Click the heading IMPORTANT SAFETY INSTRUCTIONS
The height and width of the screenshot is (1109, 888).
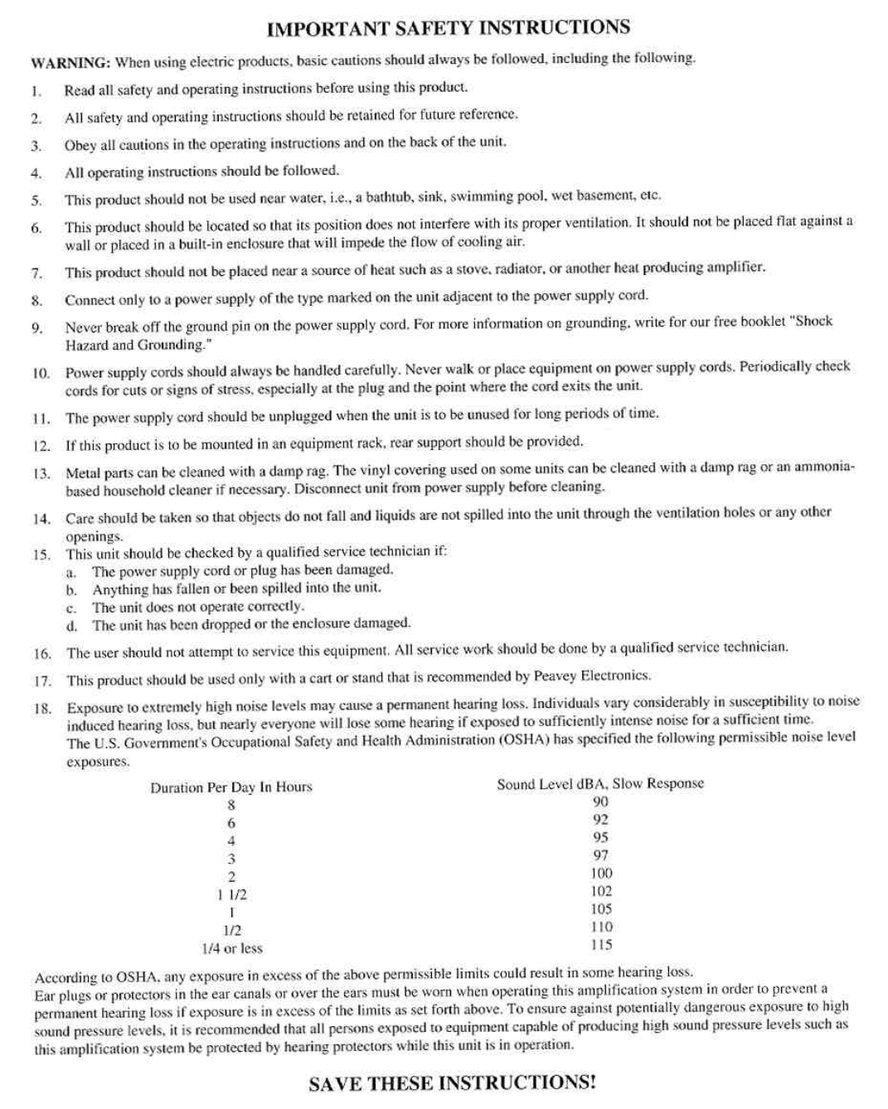click(x=449, y=28)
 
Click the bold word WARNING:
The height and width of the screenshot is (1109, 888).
click(x=70, y=63)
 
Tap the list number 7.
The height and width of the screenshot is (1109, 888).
click(x=36, y=273)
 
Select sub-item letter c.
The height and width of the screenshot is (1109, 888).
click(x=71, y=608)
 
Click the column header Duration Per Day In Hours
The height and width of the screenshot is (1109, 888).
click(x=231, y=787)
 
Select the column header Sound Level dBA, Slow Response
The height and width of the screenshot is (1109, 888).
click(x=600, y=783)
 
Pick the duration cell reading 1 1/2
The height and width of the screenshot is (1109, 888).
click(x=231, y=895)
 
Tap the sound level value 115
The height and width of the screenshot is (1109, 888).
click(x=602, y=945)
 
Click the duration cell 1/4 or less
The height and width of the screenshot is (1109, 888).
click(x=232, y=948)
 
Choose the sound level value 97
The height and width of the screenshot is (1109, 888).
click(x=601, y=855)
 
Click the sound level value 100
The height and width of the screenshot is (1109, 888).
click(x=602, y=874)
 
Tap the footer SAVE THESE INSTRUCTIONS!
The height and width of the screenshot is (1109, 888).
click(x=452, y=1083)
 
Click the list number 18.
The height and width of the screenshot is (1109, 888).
click(x=42, y=709)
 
